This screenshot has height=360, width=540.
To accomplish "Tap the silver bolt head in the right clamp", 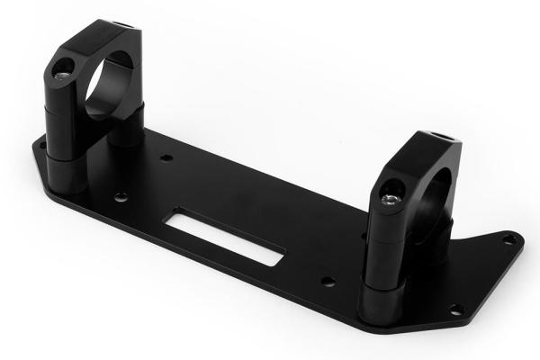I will (389, 197).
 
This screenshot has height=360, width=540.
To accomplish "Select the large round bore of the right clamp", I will (432, 193).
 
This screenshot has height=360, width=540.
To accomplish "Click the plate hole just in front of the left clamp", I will (121, 196).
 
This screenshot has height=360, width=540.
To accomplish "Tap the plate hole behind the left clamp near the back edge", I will (166, 157).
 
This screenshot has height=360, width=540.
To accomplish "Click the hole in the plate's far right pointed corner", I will (508, 239).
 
